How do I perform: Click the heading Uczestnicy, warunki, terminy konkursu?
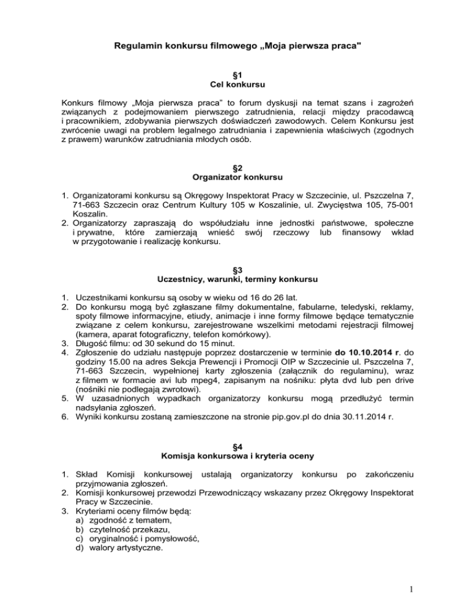[x=235, y=280]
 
